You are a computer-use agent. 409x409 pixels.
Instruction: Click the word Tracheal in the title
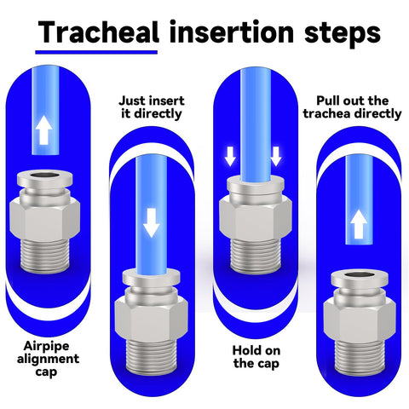98,33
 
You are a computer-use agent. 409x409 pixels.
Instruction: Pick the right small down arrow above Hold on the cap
275,156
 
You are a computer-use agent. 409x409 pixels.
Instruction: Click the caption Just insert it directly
150,107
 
